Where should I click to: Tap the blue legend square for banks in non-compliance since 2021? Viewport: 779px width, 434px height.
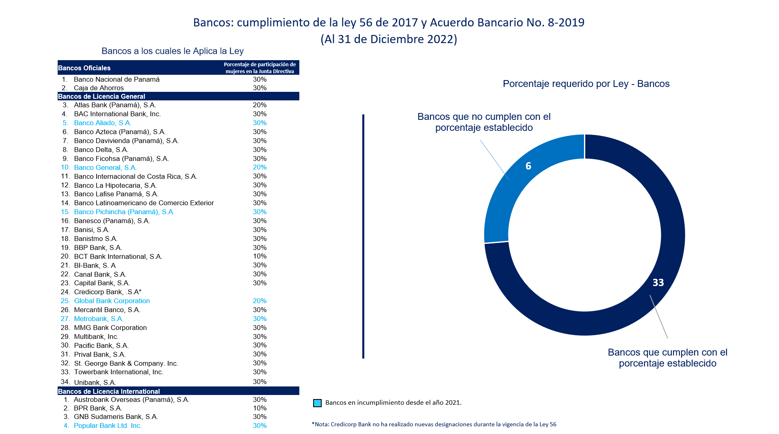(x=317, y=403)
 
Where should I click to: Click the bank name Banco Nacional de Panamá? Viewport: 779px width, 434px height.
(x=117, y=79)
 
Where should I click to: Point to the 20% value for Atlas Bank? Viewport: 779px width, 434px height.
(x=260, y=105)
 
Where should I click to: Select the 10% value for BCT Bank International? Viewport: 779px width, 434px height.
(x=260, y=256)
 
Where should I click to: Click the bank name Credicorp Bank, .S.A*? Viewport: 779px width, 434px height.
(x=108, y=292)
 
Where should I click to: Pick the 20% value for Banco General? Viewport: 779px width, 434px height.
(x=260, y=167)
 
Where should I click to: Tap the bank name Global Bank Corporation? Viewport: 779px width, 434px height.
(x=112, y=301)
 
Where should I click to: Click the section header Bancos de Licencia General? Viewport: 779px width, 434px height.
(x=102, y=96)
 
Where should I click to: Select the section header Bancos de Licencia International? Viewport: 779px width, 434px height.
(x=109, y=391)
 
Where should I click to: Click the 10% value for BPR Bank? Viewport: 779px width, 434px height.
(x=260, y=408)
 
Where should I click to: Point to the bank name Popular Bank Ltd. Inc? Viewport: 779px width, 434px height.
(x=108, y=425)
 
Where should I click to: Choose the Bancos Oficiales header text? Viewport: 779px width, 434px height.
(x=84, y=68)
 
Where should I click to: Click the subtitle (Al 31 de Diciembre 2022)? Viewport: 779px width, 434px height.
(x=389, y=39)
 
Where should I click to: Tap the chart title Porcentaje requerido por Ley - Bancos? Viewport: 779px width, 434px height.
(x=586, y=84)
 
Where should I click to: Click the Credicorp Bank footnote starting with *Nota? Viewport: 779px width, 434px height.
(x=434, y=424)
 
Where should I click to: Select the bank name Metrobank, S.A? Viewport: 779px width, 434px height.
(x=99, y=319)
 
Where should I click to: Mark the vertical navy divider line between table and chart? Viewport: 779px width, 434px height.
(x=363, y=236)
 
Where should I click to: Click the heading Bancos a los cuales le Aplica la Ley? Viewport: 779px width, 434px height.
(x=172, y=51)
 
